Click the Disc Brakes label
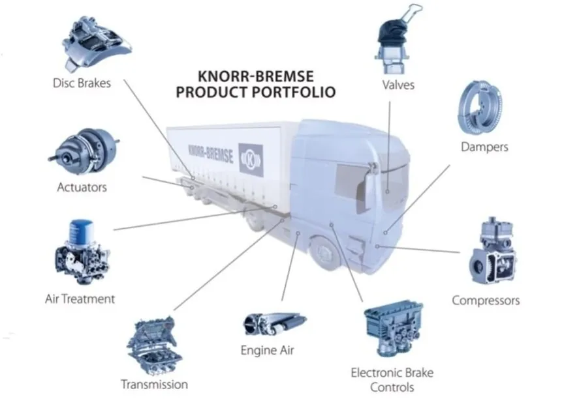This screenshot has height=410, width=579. pos(82,83)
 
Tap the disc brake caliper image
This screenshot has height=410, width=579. pos(99,42)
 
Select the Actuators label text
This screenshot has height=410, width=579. pos(82,188)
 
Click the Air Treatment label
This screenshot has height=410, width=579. pos(80,299)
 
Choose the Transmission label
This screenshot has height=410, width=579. pos(154,385)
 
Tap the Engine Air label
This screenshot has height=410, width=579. pos(267,351)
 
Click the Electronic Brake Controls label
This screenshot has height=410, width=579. pos(392,380)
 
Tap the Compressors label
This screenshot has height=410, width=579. pos(486,300)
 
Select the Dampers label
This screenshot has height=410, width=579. pos(484,147)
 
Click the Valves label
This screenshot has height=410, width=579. pos(398,85)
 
